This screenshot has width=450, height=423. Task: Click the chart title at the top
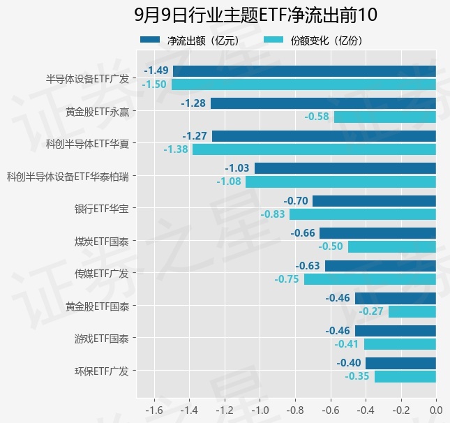tap(255, 15)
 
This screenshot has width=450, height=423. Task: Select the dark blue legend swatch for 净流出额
tap(150, 40)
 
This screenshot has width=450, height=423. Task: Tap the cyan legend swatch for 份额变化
tap(273, 40)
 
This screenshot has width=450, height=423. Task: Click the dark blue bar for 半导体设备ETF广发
tap(304, 71)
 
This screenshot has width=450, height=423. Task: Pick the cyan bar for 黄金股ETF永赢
tap(385, 117)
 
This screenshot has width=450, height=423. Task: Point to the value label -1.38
tap(176, 149)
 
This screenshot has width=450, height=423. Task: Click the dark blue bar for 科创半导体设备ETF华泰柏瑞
tap(345, 168)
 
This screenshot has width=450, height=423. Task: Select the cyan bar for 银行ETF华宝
tap(363, 214)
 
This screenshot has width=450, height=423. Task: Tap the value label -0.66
tap(303, 233)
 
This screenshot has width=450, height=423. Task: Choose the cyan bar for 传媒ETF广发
tap(370, 279)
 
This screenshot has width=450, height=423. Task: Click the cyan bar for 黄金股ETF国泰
tap(412, 311)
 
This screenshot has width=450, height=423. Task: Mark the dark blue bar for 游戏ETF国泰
tap(396, 331)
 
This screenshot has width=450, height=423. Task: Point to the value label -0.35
tap(357, 376)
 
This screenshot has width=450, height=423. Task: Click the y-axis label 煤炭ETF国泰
tap(102, 242)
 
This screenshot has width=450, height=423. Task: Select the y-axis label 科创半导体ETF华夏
tap(87, 144)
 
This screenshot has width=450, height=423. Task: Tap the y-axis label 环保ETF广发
tap(102, 371)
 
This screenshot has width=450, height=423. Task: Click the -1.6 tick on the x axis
tap(154, 410)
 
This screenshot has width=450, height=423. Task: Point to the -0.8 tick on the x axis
tap(295, 410)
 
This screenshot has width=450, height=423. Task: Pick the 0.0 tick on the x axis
tap(436, 410)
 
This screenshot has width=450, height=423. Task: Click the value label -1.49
tap(156, 70)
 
